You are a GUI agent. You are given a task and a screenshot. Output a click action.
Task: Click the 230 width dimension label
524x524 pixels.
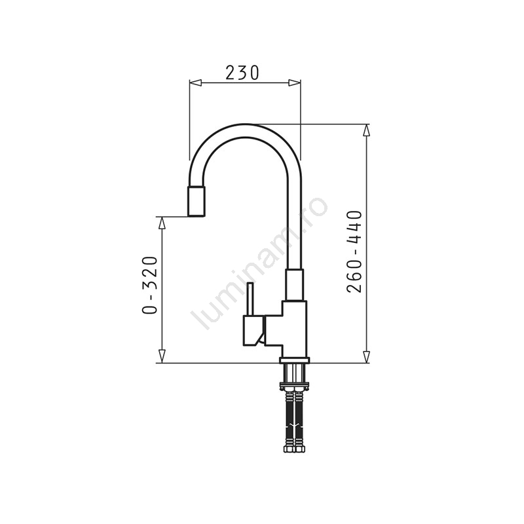tap(242, 73)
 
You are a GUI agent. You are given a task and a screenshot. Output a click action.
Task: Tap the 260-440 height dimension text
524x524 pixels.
tap(354, 252)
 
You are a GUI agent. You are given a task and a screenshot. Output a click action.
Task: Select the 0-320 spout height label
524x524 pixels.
tap(149, 285)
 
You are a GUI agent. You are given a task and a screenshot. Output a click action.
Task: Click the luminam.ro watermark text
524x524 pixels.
tap(259, 263)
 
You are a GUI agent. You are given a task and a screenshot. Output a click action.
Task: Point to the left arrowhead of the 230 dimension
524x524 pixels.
tap(195, 83)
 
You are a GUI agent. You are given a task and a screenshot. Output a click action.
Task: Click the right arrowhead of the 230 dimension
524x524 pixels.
tap(294, 83)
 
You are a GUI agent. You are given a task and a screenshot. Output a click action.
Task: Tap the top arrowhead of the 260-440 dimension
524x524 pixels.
tap(367, 130)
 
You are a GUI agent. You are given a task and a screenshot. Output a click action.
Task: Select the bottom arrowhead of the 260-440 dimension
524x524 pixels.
tap(367, 356)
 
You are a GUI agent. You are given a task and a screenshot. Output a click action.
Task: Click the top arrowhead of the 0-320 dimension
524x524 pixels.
tap(162, 223)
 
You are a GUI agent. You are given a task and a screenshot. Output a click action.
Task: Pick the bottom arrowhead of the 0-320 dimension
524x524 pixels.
tap(162, 356)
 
